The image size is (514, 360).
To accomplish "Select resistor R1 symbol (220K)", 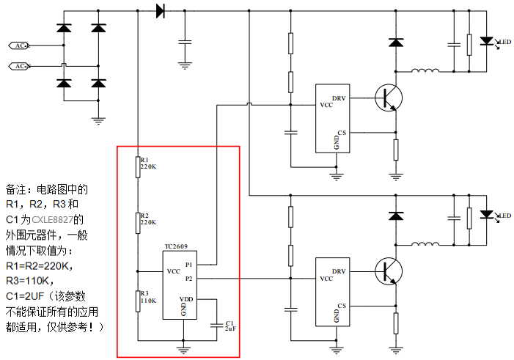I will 137,166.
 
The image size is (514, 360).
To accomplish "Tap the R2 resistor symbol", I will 137,222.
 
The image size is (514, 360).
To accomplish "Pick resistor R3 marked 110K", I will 137,300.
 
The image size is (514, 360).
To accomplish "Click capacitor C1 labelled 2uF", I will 216,323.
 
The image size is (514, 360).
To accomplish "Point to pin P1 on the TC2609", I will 188,265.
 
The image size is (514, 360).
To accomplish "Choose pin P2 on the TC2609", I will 188,279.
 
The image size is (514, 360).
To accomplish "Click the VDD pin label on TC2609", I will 188,299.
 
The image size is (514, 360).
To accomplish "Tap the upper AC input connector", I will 18,46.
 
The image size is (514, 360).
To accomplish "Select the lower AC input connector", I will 18,67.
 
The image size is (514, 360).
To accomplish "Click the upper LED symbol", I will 485,42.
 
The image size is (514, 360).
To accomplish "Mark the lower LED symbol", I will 485,214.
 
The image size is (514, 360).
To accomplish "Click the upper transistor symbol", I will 389,97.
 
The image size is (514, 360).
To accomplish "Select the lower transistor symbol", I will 389,270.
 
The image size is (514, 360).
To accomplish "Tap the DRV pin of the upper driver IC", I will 338,98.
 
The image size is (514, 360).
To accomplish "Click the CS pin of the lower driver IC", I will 341,306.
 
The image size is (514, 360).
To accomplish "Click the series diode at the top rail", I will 160,10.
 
